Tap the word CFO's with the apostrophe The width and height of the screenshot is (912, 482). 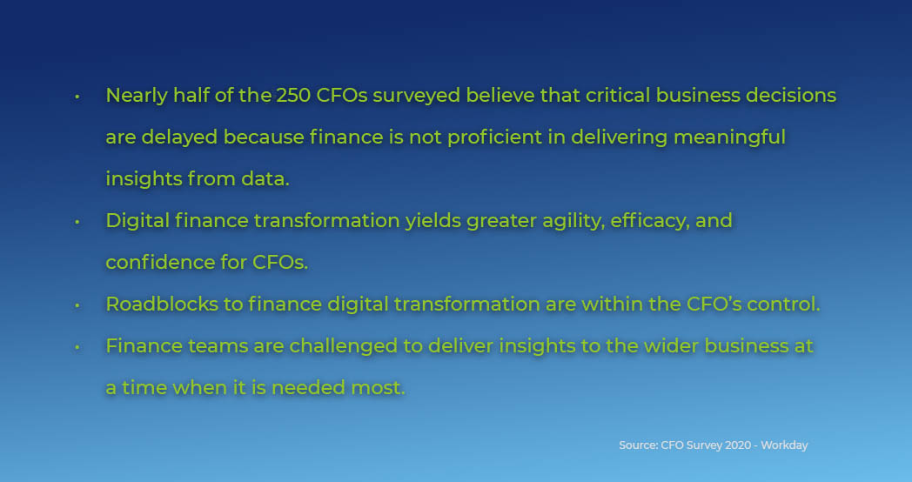coord(719,304)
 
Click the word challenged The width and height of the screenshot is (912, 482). coord(334,345)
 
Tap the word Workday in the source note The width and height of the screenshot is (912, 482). coord(785,445)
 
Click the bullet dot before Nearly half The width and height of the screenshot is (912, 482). coord(77,96)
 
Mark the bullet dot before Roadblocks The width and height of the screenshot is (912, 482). coord(77,305)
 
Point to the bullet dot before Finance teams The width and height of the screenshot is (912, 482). coord(77,346)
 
